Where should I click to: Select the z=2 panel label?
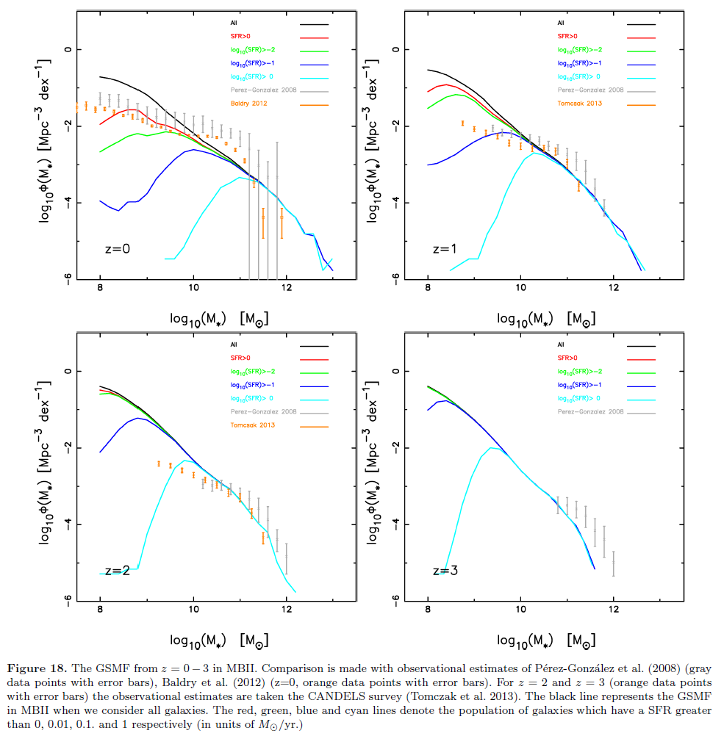118,570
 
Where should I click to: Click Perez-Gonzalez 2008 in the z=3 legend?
591,411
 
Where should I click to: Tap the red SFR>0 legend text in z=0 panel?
240,36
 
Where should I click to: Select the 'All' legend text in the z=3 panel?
562,344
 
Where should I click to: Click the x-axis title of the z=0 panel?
218,318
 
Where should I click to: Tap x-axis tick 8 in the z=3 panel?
428,608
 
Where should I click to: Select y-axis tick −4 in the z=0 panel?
67,203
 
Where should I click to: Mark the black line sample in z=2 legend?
313,344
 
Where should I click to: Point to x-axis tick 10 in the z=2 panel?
193,608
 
